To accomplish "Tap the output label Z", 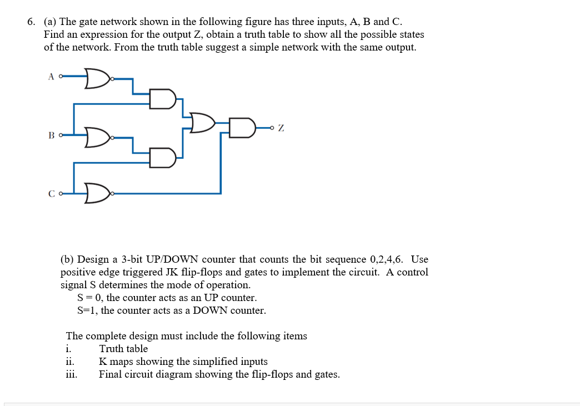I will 281,128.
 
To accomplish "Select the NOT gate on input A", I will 98,78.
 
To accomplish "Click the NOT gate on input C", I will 98,194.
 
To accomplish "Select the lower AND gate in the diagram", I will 163,158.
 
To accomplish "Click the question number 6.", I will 31,22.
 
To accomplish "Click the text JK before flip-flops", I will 172,272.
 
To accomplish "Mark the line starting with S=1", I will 172,310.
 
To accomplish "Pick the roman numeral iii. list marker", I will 72,374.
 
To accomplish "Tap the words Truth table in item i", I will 123,349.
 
